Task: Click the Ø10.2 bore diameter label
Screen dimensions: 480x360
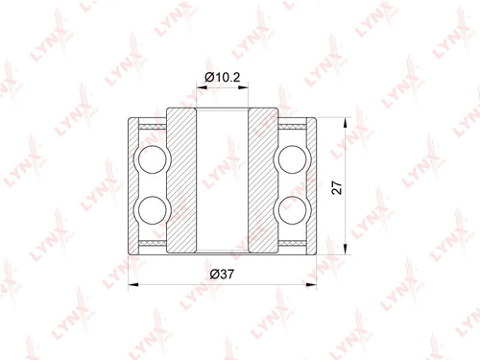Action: click(x=222, y=77)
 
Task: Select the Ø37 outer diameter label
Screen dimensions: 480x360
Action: click(x=222, y=275)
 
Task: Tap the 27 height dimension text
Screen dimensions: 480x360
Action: click(x=337, y=187)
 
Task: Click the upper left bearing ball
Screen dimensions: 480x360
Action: click(x=153, y=159)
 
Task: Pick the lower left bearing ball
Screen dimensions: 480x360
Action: click(x=153, y=210)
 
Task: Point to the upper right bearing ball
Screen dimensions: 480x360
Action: click(x=292, y=159)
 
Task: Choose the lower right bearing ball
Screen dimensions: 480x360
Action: click(x=292, y=210)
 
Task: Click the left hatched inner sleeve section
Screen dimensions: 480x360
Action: click(x=181, y=180)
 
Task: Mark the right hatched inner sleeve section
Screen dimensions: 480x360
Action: click(x=263, y=180)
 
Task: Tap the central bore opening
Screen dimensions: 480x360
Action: click(x=223, y=180)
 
